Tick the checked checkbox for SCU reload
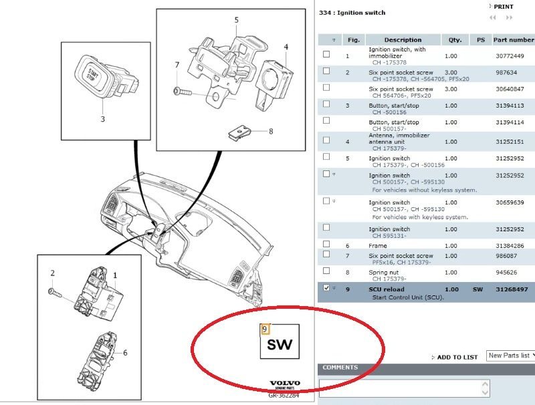(326, 288)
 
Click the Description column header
(403, 39)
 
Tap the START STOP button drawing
(92, 75)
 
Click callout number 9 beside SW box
(265, 329)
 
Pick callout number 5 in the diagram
(236, 21)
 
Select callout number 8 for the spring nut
(271, 131)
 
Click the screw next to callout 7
(182, 90)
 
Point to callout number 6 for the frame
(124, 352)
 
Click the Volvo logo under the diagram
(285, 384)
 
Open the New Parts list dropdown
(509, 356)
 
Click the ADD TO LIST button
(456, 357)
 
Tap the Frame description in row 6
(378, 246)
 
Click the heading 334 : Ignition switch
(353, 13)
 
